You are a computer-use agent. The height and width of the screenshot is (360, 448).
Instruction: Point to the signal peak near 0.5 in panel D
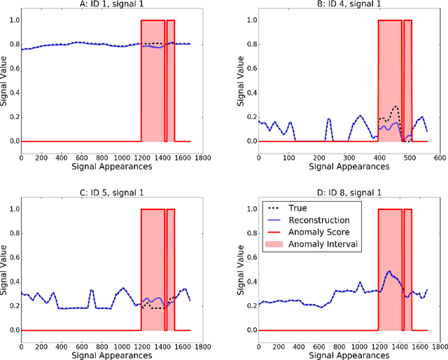388,271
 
